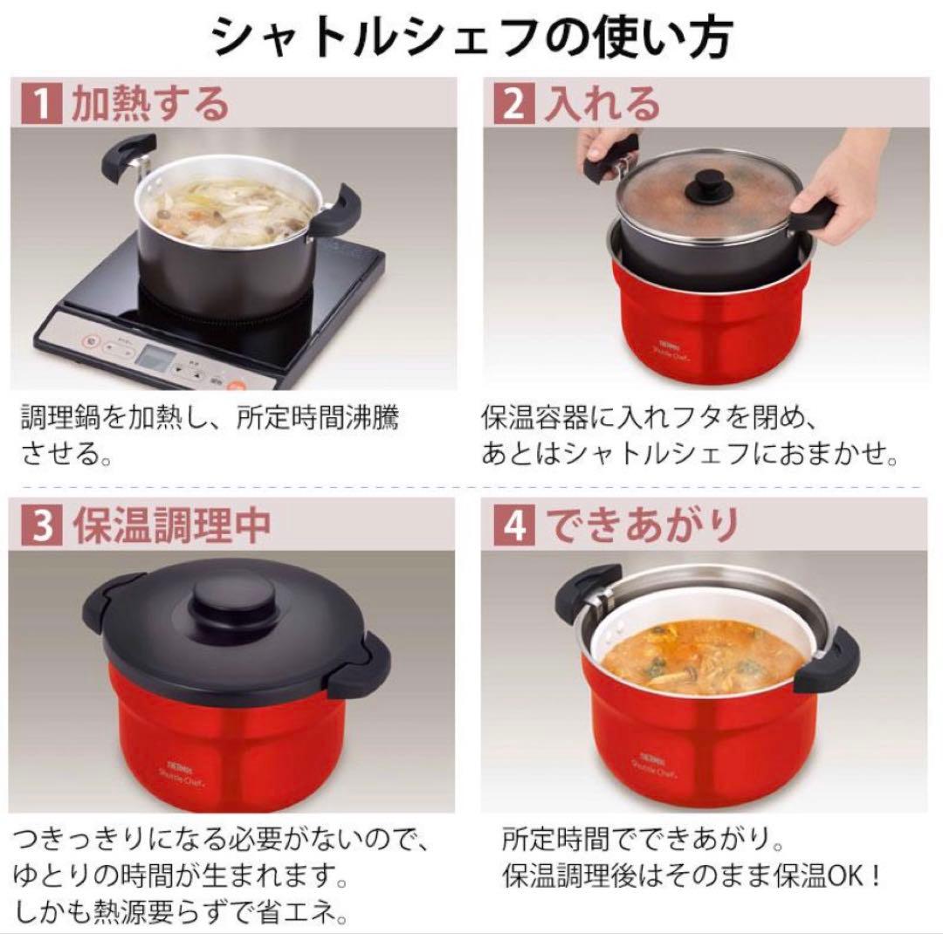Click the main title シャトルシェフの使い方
tap(471, 37)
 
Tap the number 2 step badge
tap(513, 105)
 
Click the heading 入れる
tap(602, 105)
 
